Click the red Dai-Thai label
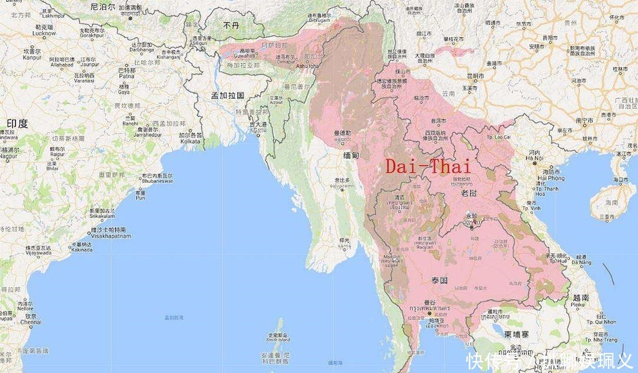coord(428,166)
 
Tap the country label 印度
coord(17,124)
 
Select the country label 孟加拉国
coord(228,95)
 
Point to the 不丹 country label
coord(230,25)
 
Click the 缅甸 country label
coord(351,155)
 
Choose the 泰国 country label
coord(438,278)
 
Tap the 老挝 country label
coord(469,194)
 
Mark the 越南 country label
coord(581,298)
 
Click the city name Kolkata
coord(190,140)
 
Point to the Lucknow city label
coord(45,33)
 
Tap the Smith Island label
coord(277,340)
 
